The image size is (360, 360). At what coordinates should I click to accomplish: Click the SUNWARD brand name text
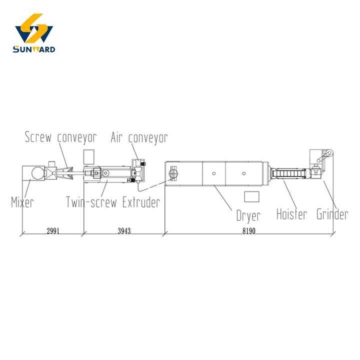tap(34, 49)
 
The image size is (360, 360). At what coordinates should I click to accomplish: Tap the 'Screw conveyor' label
tap(60, 137)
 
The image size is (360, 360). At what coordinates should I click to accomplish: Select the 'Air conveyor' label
tap(139, 137)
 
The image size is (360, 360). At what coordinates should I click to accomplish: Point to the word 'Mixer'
tap(22, 202)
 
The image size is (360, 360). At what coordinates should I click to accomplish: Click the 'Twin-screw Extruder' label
tap(113, 202)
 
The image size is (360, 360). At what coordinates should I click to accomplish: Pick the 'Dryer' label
tap(248, 216)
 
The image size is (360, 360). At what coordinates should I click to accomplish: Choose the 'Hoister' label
tap(292, 214)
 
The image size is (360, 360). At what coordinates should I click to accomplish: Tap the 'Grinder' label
tap(332, 214)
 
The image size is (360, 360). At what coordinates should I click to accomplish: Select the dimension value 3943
tap(123, 231)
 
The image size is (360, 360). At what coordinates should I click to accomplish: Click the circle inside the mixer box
tap(37, 173)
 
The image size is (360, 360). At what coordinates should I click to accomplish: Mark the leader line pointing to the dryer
tap(223, 197)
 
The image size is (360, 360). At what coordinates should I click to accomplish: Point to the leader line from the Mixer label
tap(27, 188)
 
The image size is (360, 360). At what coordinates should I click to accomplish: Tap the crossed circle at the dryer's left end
tap(174, 173)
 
